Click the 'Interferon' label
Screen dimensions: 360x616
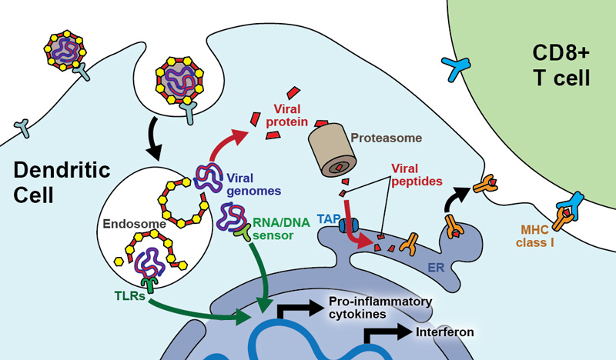coord(444,333)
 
